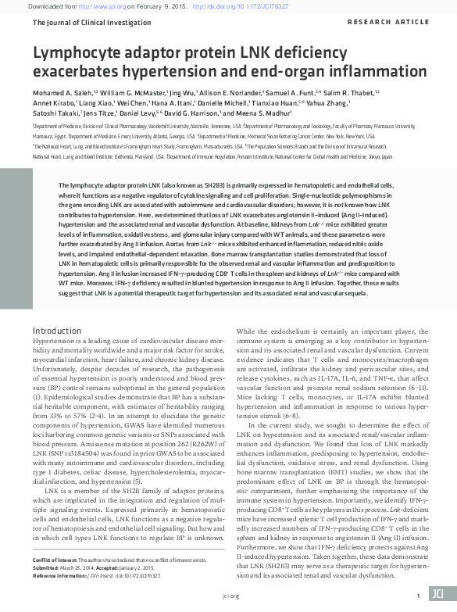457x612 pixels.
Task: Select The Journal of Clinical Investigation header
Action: tap(82, 23)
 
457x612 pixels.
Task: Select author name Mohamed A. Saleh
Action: tap(60, 92)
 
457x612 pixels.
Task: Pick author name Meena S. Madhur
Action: tap(270, 113)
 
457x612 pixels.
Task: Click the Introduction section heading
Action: tap(57, 331)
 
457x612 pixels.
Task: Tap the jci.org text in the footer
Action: tap(229, 596)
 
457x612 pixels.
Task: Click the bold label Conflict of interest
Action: tap(53, 560)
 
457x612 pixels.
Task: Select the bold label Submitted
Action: tap(47, 567)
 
